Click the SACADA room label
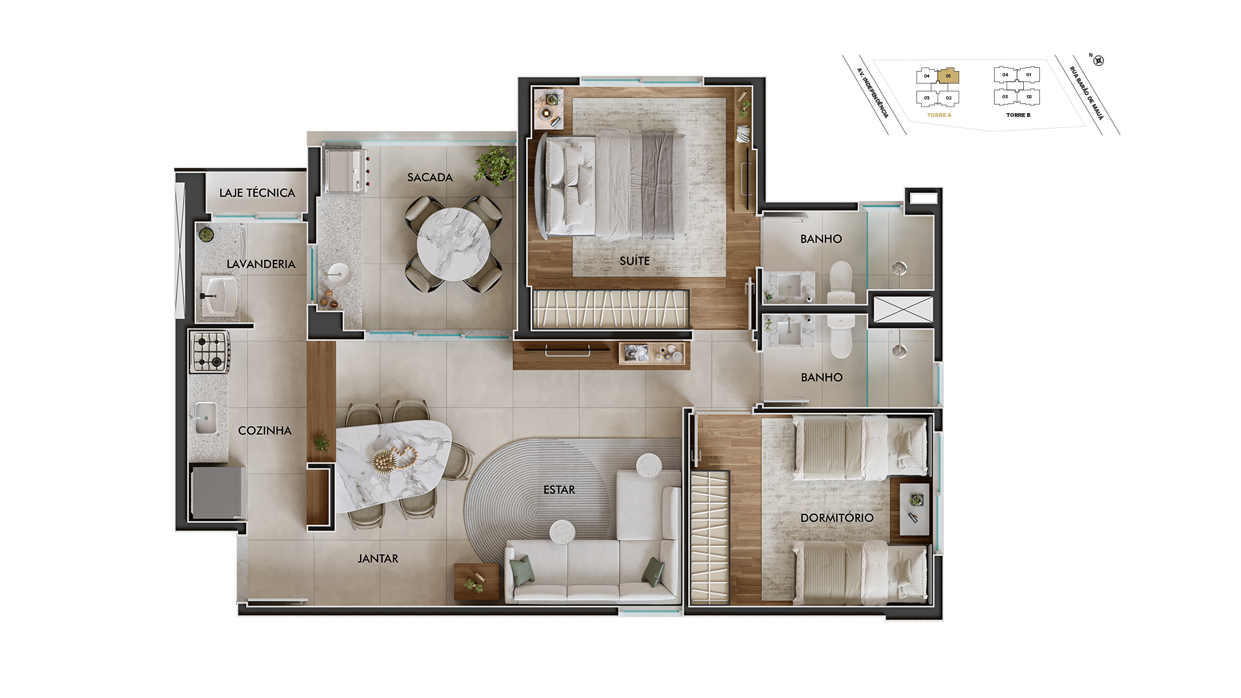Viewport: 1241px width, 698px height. point(430,177)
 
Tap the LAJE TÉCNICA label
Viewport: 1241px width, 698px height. point(257,193)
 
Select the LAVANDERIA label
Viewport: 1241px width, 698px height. point(260,264)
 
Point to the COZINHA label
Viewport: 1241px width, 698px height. point(264,430)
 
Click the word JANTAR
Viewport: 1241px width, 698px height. point(378,558)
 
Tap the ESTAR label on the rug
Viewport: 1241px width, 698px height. point(559,490)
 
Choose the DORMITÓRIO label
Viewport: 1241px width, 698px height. point(837,518)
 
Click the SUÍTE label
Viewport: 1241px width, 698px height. point(635,260)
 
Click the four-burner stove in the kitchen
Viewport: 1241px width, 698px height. point(209,352)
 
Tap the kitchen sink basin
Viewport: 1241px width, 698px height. point(206,418)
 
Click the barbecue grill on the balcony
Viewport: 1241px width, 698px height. point(346,171)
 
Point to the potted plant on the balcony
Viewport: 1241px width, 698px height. point(496,164)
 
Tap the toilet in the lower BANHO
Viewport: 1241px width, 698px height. point(841,336)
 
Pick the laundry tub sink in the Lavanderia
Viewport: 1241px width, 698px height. point(219,295)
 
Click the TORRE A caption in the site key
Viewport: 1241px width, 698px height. point(939,115)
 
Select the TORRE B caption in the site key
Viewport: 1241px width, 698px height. point(1019,115)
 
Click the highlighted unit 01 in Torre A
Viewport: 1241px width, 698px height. point(948,76)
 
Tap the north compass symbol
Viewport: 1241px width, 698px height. point(1098,61)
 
